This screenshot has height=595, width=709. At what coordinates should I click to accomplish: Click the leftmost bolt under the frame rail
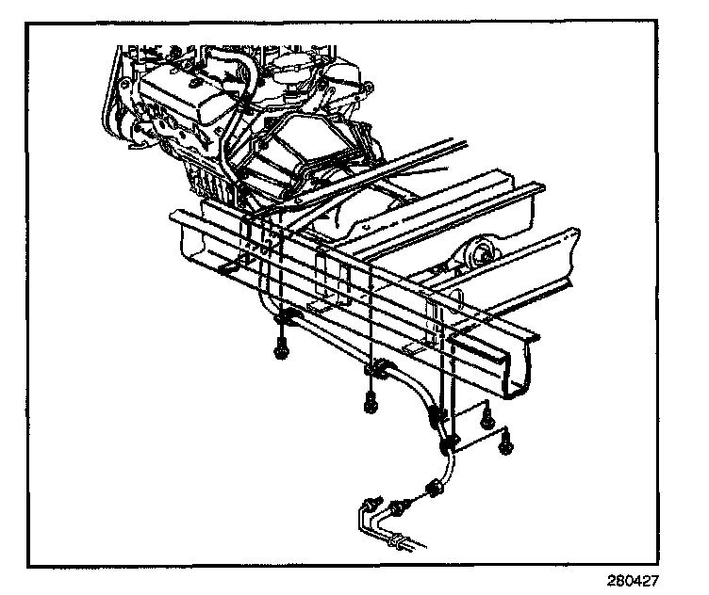(x=281, y=351)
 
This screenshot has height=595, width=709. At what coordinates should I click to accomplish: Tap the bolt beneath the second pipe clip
(x=371, y=405)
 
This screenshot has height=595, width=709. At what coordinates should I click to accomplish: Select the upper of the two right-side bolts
(x=486, y=414)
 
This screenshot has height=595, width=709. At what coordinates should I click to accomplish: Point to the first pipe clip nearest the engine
(x=288, y=319)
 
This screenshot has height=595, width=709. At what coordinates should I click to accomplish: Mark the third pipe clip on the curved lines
(x=437, y=415)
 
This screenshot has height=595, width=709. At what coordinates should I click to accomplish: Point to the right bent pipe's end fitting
(x=397, y=509)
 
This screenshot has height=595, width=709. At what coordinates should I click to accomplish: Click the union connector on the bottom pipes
(x=400, y=541)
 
